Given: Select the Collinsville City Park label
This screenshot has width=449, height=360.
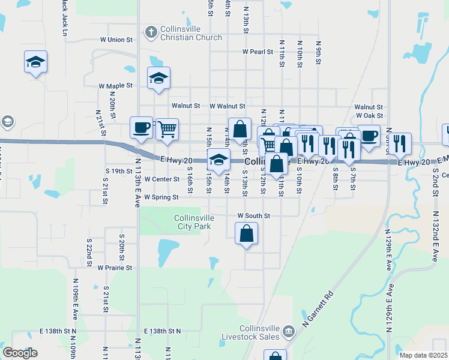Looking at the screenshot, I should click(x=193, y=222).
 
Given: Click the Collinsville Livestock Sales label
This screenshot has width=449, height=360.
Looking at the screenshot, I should click(x=259, y=332).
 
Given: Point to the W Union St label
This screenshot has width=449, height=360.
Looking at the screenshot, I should click(x=116, y=40).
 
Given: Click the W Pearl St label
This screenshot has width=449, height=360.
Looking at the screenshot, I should click(x=258, y=52).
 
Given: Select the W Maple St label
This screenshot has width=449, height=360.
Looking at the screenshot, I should click(x=116, y=86).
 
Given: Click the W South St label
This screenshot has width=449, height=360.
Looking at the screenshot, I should click(x=254, y=215).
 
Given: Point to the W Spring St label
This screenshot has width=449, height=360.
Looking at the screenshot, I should click(x=161, y=197).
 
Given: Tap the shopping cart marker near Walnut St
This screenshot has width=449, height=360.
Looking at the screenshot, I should click(x=167, y=128).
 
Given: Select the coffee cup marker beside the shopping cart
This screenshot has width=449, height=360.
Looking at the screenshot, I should click(x=142, y=127).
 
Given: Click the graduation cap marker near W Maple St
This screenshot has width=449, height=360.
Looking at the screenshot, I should click(x=158, y=78).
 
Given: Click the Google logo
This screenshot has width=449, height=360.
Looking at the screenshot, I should click(x=20, y=353).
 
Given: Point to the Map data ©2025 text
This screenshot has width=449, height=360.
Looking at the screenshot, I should click(x=423, y=355).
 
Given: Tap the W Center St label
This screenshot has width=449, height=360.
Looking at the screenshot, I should click(x=160, y=179).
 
